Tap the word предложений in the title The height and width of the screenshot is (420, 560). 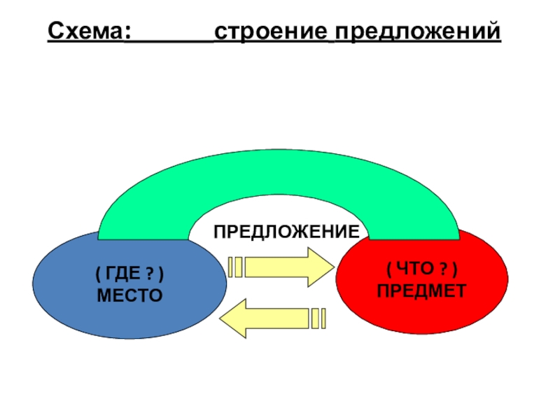point(417,33)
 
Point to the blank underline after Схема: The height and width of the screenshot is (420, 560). point(169,40)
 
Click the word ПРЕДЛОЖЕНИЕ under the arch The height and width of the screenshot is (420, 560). point(286,230)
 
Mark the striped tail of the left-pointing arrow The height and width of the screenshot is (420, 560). point(318,318)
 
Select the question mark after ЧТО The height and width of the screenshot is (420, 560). point(444,269)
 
